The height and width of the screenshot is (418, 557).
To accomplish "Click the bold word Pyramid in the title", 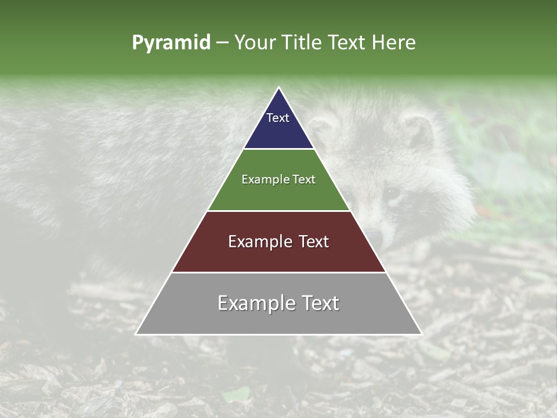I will click(171, 43).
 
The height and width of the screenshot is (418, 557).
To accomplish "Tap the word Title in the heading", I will click(303, 43).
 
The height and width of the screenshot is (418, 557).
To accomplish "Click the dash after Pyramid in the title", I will click(222, 43).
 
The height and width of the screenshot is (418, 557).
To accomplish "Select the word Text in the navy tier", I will click(278, 118).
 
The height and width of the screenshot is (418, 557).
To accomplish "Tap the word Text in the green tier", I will click(304, 179).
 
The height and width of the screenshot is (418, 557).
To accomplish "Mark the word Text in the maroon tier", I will click(313, 242).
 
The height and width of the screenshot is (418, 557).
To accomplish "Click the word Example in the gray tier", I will click(256, 303).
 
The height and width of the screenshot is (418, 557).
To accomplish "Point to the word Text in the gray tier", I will click(320, 303).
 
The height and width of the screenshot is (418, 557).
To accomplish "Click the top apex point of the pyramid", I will click(278, 88).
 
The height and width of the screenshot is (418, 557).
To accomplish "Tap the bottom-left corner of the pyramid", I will click(136, 334).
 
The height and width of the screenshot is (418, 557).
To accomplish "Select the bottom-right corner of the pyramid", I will click(421, 334).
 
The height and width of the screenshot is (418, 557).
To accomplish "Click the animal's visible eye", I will click(393, 192).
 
